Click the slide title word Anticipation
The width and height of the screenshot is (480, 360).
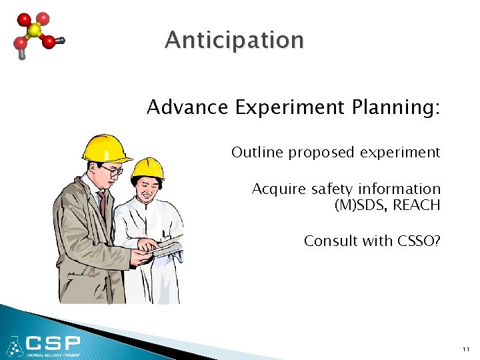point(234,41)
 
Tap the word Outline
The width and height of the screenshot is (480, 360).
point(257,153)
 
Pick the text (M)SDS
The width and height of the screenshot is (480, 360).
point(359,205)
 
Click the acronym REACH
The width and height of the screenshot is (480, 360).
point(417,205)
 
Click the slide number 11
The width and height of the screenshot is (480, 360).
point(465,349)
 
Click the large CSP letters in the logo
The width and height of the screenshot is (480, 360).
point(53,343)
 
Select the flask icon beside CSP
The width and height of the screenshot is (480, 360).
point(13,346)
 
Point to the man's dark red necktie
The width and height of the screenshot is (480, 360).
point(102,203)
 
